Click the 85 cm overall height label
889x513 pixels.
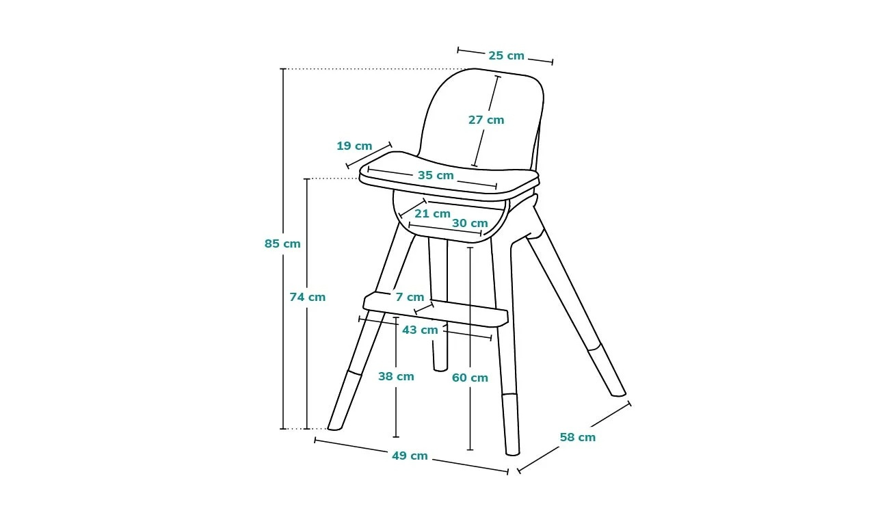[282, 244]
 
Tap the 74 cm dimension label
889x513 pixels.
[307, 297]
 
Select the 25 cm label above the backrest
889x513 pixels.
[506, 55]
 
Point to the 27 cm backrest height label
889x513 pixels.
[486, 120]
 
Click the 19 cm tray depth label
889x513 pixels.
[354, 146]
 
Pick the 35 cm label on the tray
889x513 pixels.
[436, 175]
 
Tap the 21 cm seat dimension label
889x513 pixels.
[433, 213]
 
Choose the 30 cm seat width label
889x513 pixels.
[470, 223]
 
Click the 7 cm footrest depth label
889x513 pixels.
[410, 297]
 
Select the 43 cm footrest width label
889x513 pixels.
[420, 330]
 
